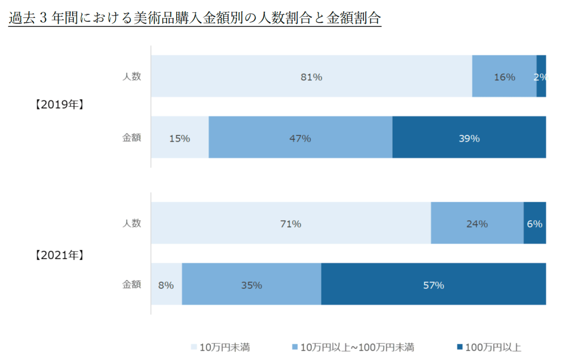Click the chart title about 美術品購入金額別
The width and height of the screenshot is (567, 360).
[x=195, y=18]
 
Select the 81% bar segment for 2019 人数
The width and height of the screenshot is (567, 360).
[x=311, y=76]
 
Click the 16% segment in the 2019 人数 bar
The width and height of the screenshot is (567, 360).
[x=504, y=76]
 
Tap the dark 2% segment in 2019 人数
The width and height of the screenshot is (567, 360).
[x=542, y=76]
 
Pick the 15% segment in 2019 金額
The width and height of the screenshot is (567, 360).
[x=179, y=138]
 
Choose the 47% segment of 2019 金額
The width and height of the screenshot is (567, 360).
[x=300, y=138]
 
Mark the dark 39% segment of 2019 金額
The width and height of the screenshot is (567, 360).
[x=468, y=138]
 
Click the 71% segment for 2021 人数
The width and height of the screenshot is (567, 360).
[x=291, y=223]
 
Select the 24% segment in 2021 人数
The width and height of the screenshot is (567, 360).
[x=477, y=223]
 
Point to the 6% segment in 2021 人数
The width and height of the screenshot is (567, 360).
[x=535, y=223]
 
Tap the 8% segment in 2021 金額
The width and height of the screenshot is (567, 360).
[x=166, y=285]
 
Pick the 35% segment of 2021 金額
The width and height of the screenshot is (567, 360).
[x=251, y=285]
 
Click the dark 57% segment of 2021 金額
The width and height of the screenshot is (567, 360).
[x=433, y=285]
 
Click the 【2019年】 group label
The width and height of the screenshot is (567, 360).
[x=59, y=104]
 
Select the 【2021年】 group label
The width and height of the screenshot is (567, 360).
[x=59, y=255]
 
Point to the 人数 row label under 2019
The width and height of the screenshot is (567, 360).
[x=132, y=76]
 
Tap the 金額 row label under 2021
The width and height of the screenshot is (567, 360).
[x=132, y=285]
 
